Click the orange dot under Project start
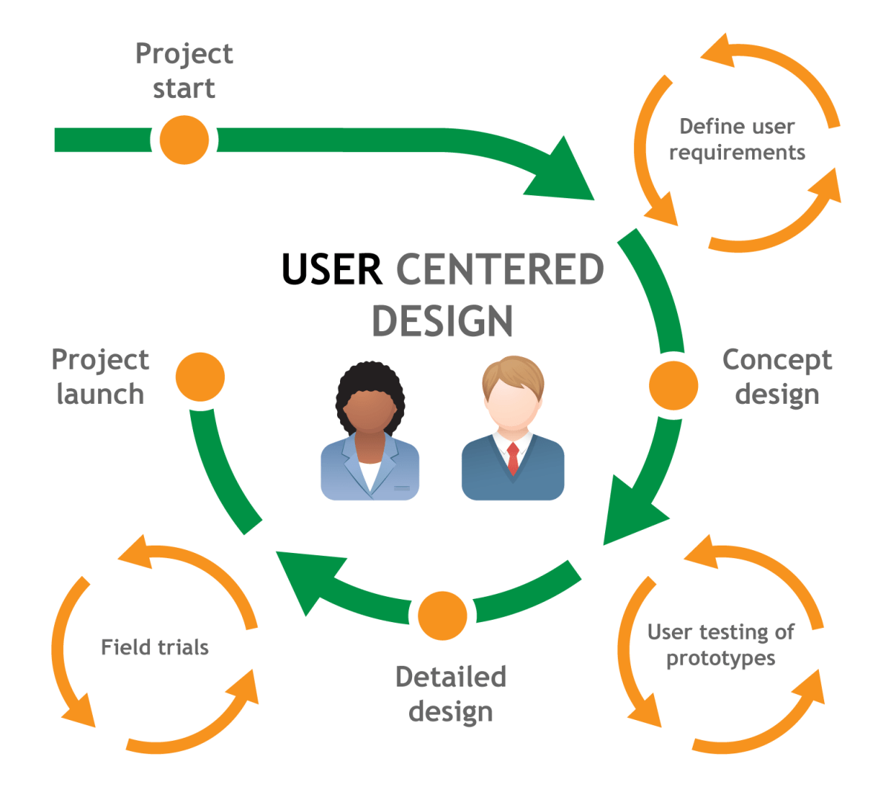(184, 140)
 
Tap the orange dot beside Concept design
(673, 385)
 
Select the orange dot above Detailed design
(443, 615)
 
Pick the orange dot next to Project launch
(200, 377)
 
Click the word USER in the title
(332, 269)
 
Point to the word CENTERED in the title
(500, 269)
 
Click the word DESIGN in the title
(443, 321)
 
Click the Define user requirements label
(737, 140)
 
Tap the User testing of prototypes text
(720, 645)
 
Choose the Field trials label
(154, 647)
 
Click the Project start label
(184, 71)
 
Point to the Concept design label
(777, 377)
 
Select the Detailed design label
(451, 694)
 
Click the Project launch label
(100, 377)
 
